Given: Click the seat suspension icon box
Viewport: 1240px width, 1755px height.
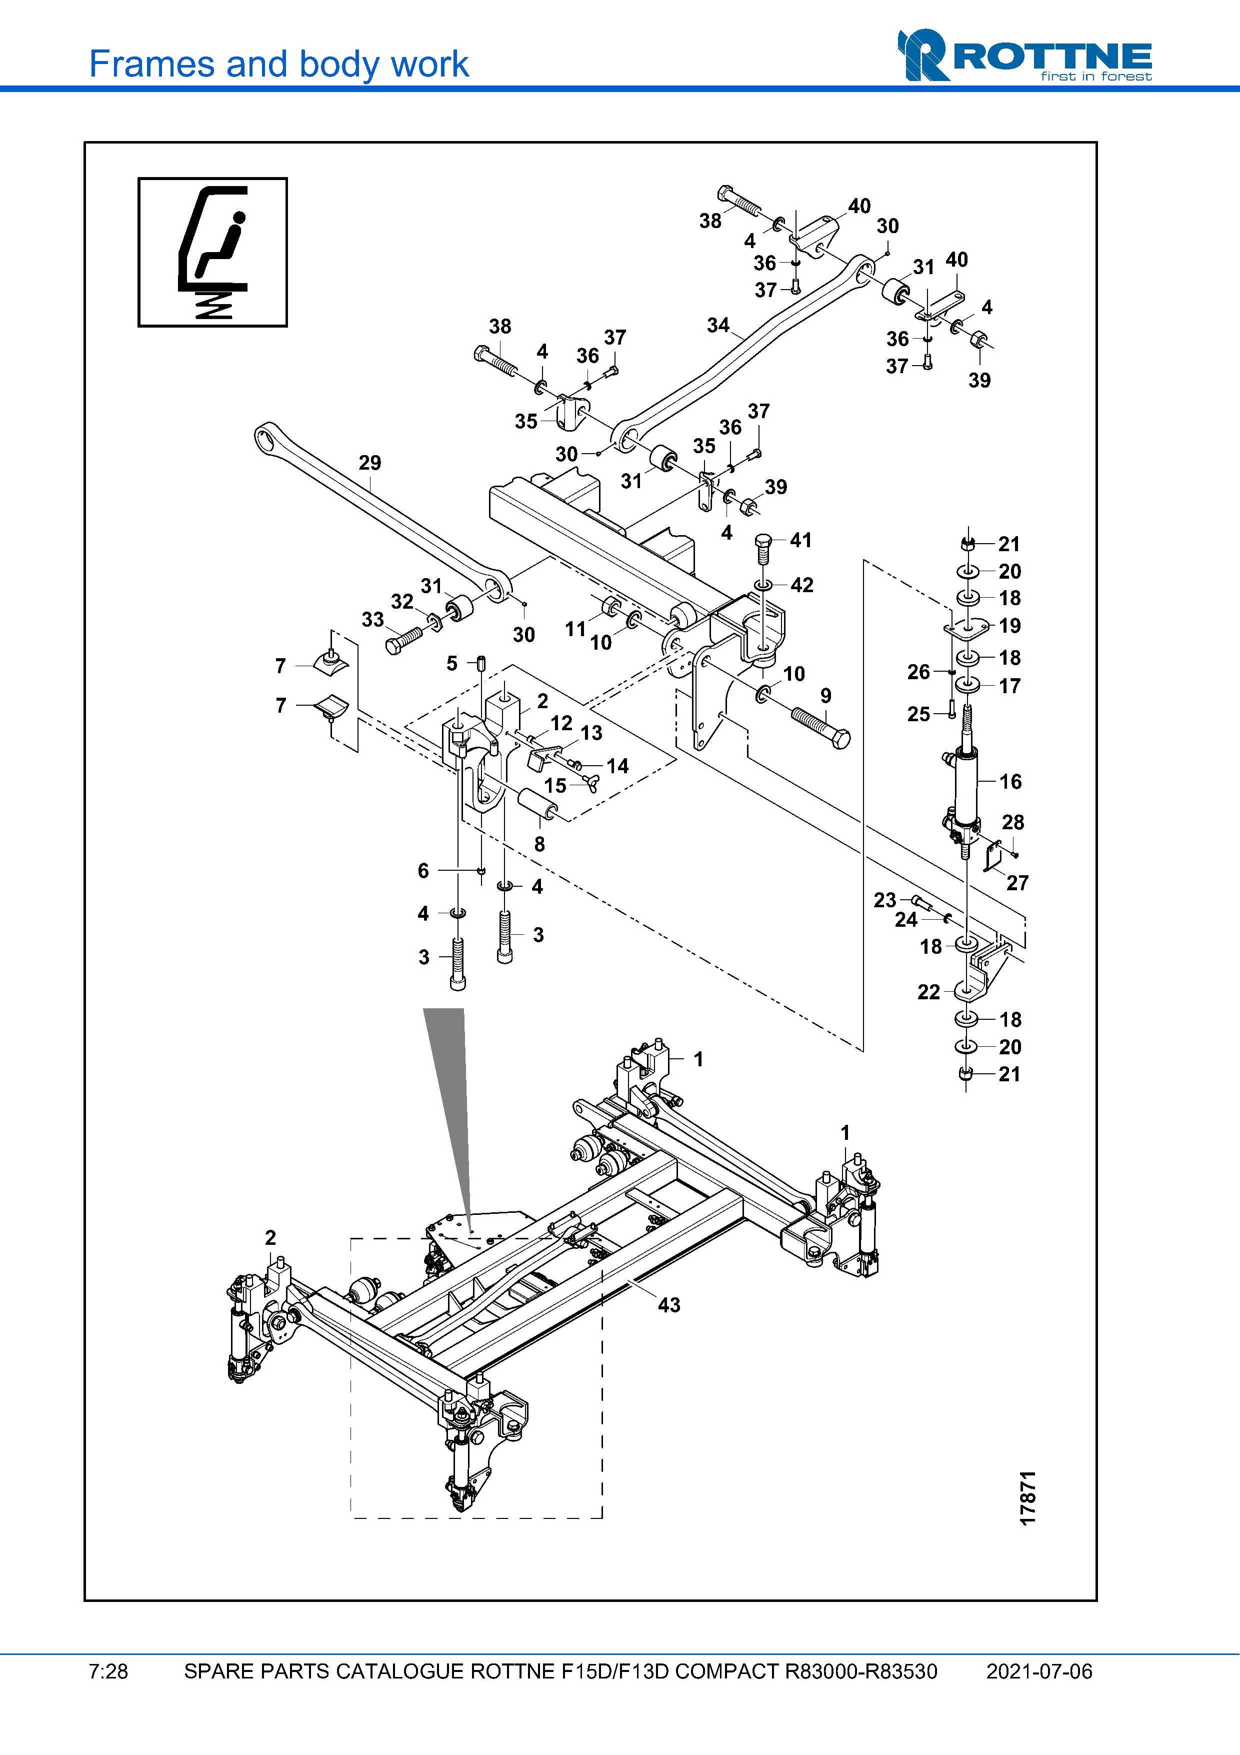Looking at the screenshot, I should point(212,252).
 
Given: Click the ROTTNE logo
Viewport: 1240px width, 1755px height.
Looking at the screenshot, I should point(1024,56).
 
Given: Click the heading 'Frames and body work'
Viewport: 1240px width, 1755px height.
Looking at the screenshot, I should point(279,64).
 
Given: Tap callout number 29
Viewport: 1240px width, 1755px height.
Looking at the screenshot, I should point(370,463).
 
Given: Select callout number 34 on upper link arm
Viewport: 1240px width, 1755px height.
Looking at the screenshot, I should point(718,326).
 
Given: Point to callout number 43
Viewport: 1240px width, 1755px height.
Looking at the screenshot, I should point(669,1305).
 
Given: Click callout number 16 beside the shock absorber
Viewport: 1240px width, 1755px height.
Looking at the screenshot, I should point(1010,782).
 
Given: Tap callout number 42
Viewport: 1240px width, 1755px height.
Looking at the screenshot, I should point(801,586).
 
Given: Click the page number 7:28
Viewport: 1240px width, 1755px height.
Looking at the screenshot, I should point(108,1671).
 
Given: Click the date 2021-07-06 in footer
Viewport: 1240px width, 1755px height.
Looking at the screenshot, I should point(1039,1671).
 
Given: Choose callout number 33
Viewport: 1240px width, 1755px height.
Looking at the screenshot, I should point(373,620).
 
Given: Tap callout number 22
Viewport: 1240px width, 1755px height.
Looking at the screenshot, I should point(928,992).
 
